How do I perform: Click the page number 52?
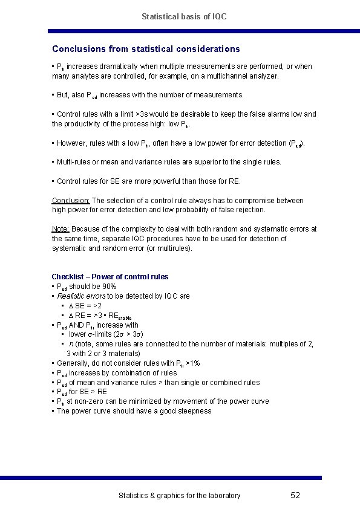pyautogui.click(x=295, y=495)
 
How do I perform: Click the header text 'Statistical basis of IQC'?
pyautogui.click(x=184, y=16)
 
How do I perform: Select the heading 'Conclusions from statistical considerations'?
pyautogui.click(x=146, y=49)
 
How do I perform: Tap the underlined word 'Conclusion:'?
pyautogui.click(x=71, y=201)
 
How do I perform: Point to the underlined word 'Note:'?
pyautogui.click(x=61, y=229)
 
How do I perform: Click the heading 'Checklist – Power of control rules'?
pyautogui.click(x=110, y=277)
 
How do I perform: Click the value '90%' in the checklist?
pyautogui.click(x=110, y=287)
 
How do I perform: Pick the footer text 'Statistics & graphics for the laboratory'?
pyautogui.click(x=179, y=496)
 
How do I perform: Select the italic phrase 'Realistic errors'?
pyautogui.click(x=81, y=296)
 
